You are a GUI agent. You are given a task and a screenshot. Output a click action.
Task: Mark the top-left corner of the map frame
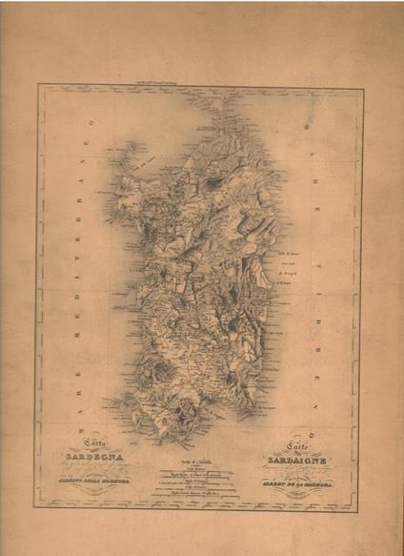tap(39, 87)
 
